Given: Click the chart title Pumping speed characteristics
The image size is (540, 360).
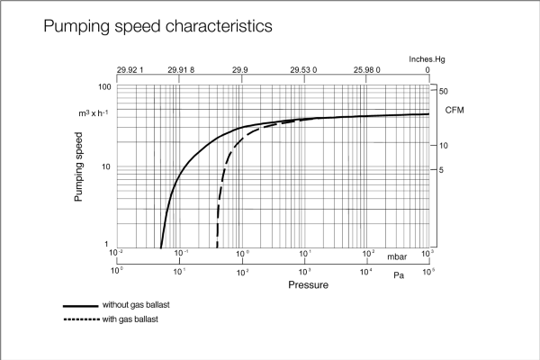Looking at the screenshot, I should [157, 27].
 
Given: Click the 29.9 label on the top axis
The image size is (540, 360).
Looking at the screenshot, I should [241, 69].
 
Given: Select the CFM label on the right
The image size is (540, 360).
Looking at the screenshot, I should [455, 109].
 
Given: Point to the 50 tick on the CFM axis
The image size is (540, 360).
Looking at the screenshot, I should [445, 91].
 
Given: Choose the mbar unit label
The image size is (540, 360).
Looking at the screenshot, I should [398, 256].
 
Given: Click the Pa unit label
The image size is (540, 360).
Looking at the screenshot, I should [398, 274].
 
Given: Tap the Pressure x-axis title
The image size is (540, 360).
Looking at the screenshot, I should [308, 285].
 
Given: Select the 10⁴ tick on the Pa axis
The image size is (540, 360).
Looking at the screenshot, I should [366, 270].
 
